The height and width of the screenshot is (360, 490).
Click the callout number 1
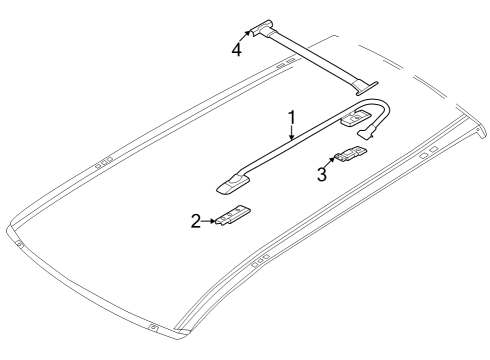click(x=291, y=118)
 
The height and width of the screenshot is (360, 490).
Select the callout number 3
click(x=322, y=174)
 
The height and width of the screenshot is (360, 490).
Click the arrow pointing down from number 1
click(x=291, y=135)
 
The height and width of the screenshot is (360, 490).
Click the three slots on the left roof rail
click(x=102, y=159)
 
